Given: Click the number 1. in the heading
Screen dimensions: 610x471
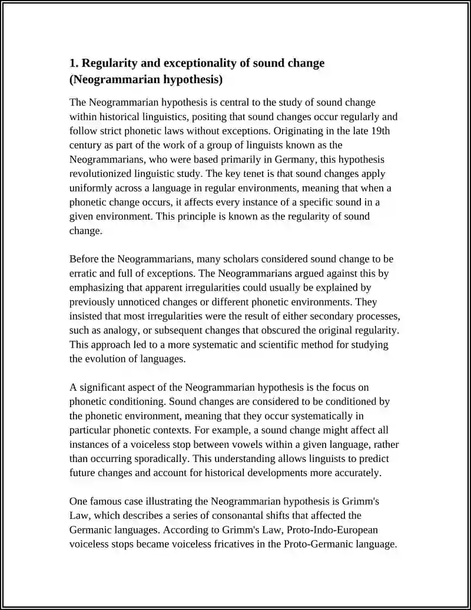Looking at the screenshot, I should (74, 63).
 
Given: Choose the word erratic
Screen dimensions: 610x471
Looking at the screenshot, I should (85, 273).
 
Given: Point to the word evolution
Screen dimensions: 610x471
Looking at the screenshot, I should (107, 358).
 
